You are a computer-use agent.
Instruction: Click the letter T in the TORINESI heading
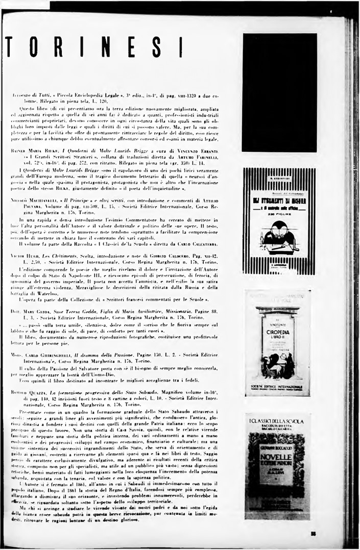tap(10, 47)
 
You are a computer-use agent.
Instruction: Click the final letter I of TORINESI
tap(181, 47)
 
